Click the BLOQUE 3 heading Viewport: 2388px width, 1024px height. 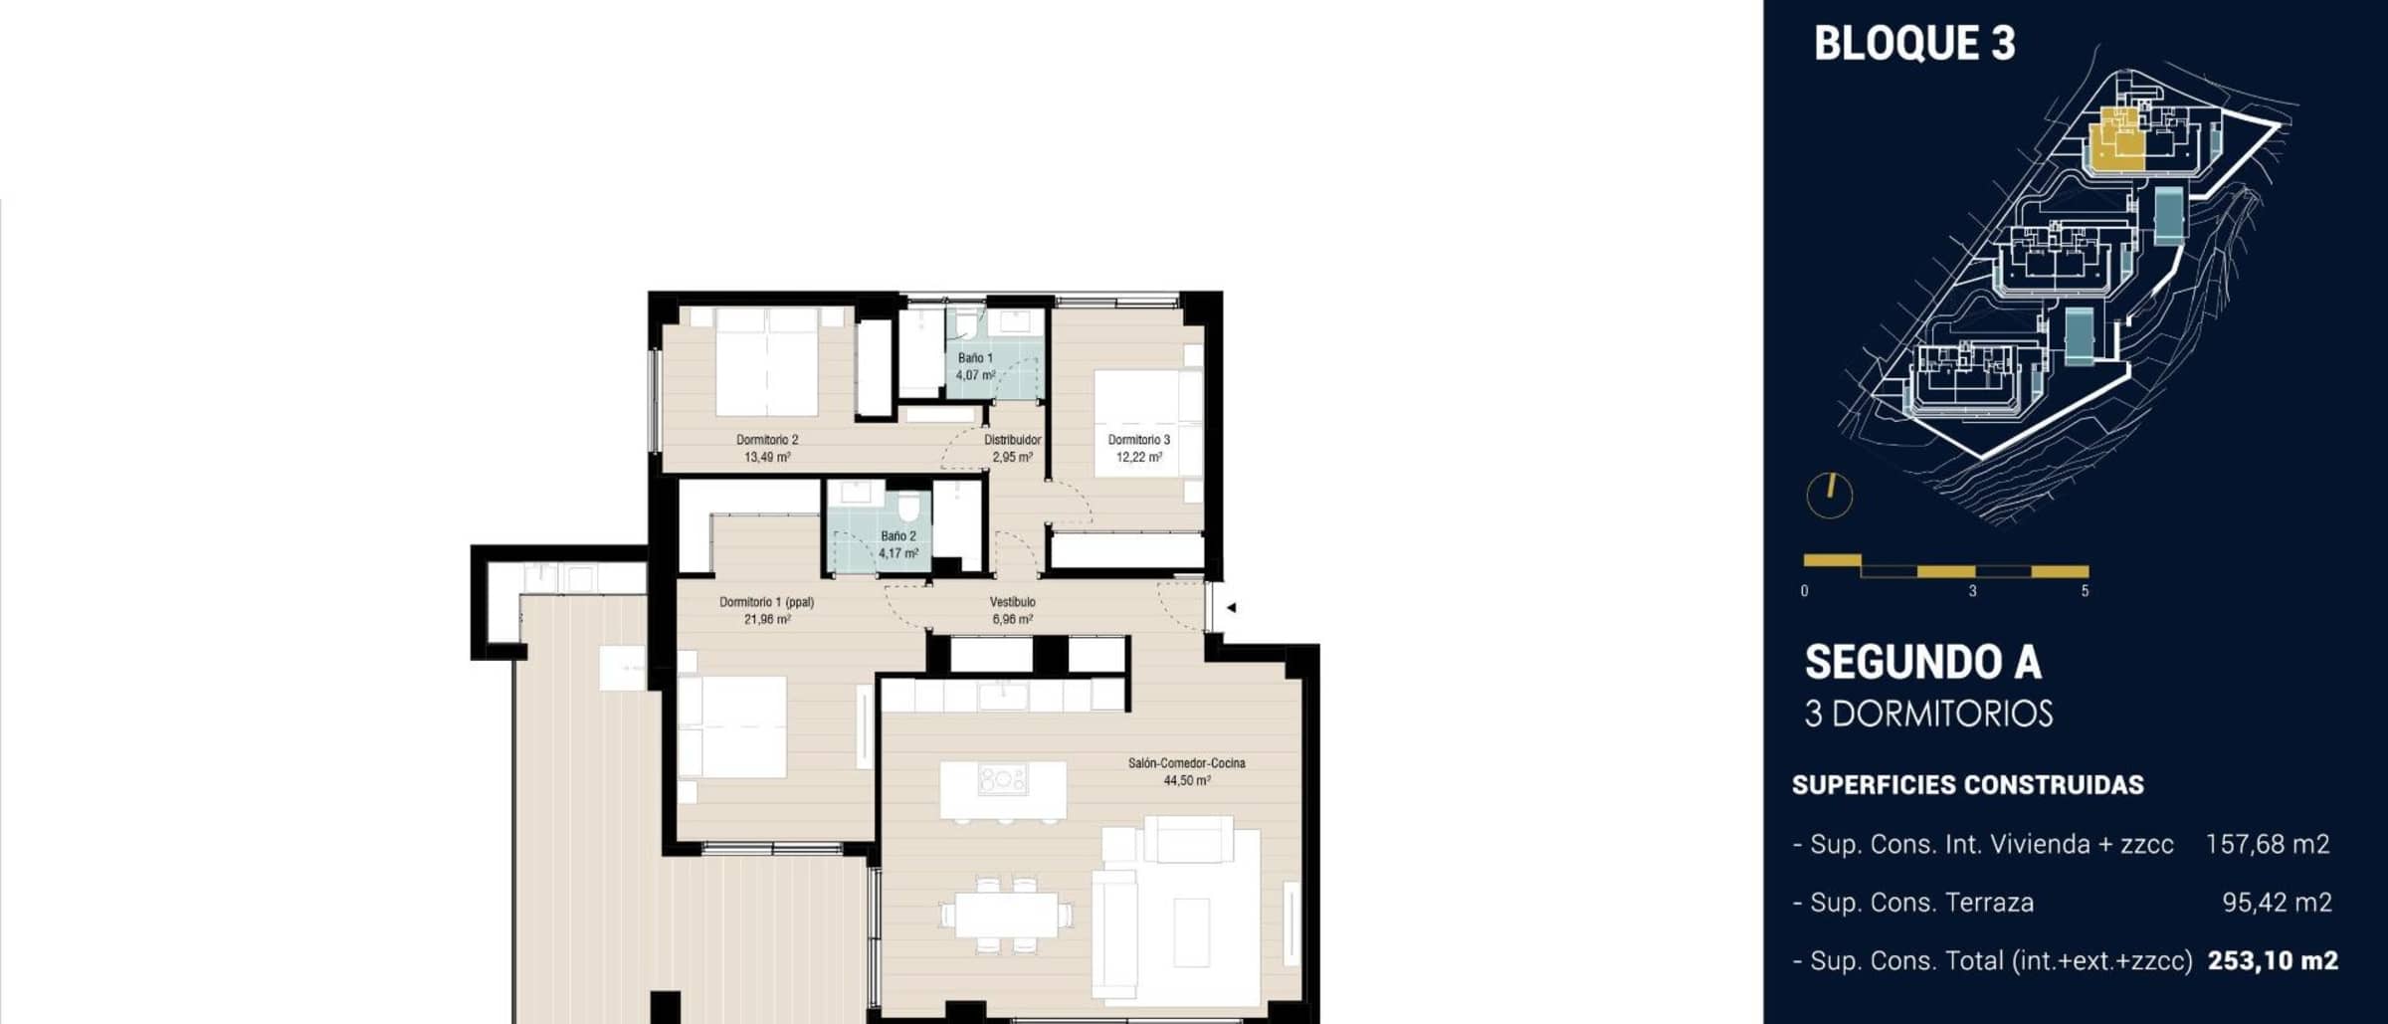coord(1914,44)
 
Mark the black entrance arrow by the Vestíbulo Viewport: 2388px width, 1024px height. coord(1231,607)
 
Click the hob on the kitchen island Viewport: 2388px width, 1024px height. coord(1002,779)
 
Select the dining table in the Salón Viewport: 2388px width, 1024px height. coord(1003,915)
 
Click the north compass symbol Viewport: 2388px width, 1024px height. coord(1829,495)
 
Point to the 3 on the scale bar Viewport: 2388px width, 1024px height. coord(1972,591)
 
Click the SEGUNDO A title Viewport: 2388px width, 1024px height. coord(1922,663)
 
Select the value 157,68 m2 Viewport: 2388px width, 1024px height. coord(2268,845)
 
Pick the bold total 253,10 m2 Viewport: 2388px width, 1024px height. coord(2273,961)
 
